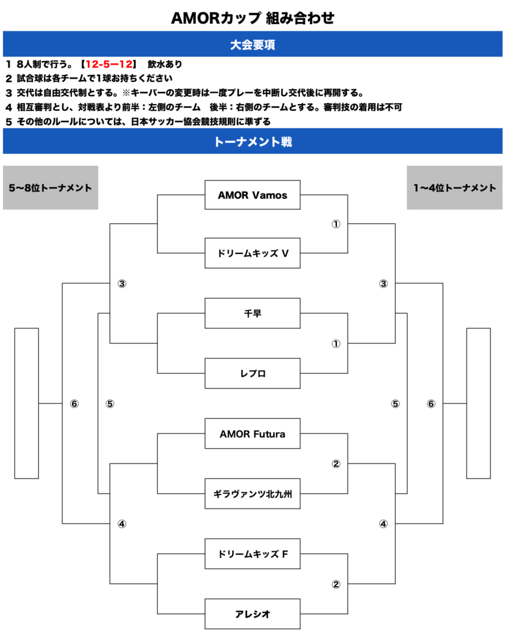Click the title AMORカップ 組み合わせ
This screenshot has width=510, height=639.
[253, 18]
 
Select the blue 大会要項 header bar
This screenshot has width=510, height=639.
[253, 44]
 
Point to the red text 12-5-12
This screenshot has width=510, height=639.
[109, 64]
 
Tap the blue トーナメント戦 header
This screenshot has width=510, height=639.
[253, 141]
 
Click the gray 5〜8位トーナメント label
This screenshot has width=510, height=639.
[51, 188]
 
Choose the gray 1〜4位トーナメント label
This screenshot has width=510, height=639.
[454, 188]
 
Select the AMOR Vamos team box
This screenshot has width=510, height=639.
[252, 195]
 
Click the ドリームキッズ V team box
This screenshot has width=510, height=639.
[252, 253]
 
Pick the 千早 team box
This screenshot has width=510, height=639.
[252, 313]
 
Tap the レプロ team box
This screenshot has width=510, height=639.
[252, 373]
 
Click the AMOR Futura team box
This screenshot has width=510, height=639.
[252, 434]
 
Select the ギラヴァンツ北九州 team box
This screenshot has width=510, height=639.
[252, 494]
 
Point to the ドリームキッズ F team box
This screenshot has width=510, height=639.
[252, 554]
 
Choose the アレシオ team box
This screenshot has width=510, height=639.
[252, 614]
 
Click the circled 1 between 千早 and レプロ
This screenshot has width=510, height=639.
[336, 344]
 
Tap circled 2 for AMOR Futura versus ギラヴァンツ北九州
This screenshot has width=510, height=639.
[336, 464]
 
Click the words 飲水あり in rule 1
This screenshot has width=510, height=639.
[165, 64]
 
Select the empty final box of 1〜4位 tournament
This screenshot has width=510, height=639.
[478, 403]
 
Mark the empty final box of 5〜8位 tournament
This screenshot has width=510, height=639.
[27, 403]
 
